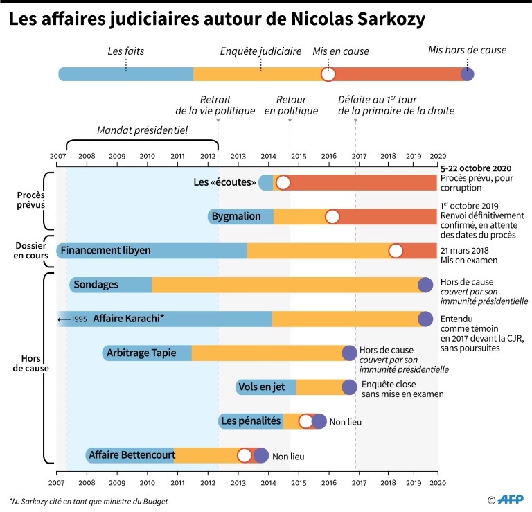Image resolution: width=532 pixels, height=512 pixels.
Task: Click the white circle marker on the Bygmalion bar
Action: point(332,217)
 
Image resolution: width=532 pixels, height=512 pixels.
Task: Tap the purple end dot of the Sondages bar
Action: point(425,284)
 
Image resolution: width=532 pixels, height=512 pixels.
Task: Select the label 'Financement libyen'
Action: point(105,250)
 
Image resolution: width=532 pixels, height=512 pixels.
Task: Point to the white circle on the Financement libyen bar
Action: point(396,251)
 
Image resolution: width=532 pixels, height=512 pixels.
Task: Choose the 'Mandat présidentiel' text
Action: point(142,130)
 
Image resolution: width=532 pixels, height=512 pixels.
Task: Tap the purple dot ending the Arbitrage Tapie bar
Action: point(350,353)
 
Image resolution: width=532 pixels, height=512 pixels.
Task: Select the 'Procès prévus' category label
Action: point(31,200)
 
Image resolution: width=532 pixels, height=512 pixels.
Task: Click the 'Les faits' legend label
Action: point(125,51)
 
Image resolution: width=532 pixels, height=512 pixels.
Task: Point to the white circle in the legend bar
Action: point(328,74)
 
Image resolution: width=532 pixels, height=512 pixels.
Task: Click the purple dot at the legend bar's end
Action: point(468,74)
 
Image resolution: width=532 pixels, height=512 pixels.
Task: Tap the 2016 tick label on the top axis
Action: point(328,157)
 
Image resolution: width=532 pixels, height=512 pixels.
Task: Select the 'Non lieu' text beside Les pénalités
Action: point(346,421)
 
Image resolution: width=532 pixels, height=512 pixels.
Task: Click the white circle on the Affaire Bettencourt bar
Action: point(245,455)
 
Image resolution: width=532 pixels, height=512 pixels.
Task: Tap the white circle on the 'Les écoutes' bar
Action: point(283,183)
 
